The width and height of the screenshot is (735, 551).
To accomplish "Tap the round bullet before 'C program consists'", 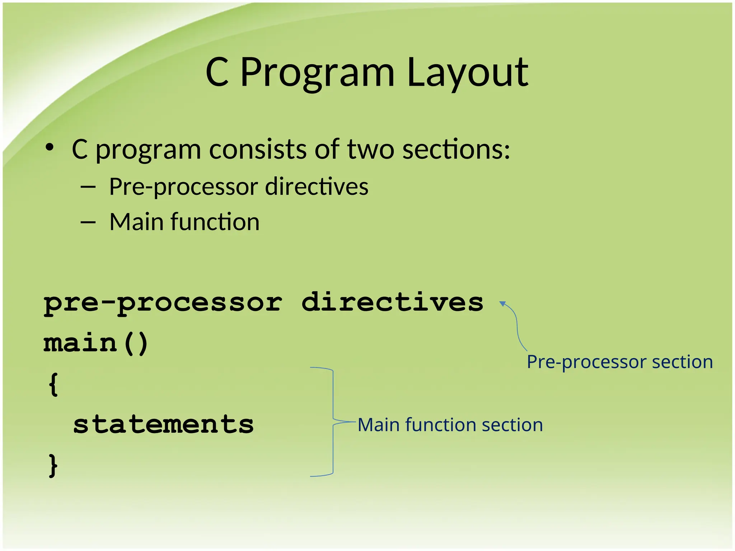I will (x=50, y=147).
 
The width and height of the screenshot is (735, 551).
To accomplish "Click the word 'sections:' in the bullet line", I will (x=456, y=149).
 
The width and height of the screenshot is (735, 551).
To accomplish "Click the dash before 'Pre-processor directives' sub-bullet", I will (x=88, y=187).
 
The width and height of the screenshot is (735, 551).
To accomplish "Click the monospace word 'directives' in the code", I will (x=392, y=302).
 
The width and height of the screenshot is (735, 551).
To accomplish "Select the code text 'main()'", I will (x=95, y=343).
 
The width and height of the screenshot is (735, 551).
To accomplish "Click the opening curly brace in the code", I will (x=53, y=384).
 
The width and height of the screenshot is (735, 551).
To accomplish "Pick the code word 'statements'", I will (x=163, y=424).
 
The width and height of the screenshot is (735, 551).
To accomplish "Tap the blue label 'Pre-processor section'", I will (x=619, y=362).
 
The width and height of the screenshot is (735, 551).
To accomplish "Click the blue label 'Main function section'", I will (x=450, y=425).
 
